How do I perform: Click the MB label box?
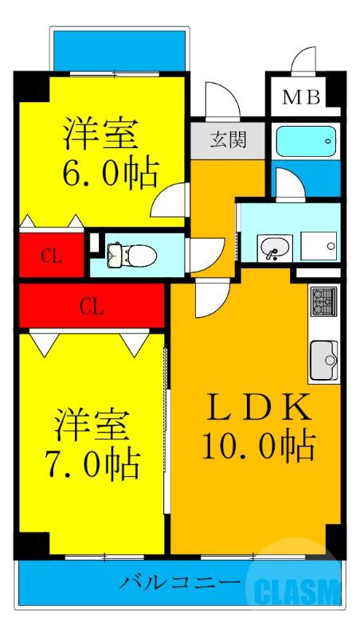pos(303,98)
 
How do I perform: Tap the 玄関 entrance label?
pos(228,142)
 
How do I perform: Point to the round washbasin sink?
pos(273,249)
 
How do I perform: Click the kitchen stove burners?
pos(324,301)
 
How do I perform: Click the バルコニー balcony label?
pos(180,583)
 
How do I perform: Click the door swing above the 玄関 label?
pos(219,100)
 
